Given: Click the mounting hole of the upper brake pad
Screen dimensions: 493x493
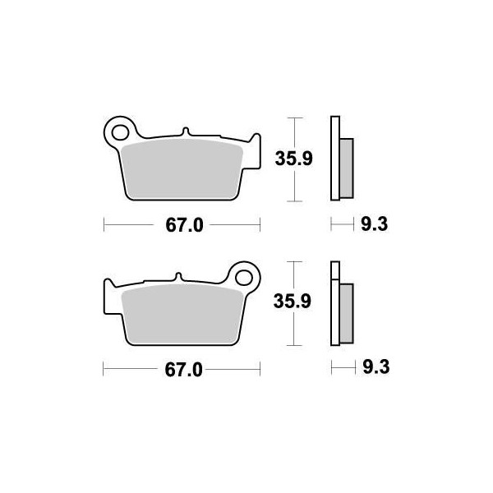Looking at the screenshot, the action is pyautogui.click(x=120, y=132).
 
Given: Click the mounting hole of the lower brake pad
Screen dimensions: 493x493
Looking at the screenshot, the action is pyautogui.click(x=244, y=278).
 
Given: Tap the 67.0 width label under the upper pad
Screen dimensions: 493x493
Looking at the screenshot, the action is pyautogui.click(x=185, y=225).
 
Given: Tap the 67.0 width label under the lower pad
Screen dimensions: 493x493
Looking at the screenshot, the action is pyautogui.click(x=183, y=370).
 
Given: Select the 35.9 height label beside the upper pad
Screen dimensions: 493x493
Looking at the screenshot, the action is pyautogui.click(x=293, y=159).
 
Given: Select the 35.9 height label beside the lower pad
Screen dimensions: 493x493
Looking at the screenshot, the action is pyautogui.click(x=292, y=302).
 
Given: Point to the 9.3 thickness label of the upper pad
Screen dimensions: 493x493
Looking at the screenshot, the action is pyautogui.click(x=374, y=224).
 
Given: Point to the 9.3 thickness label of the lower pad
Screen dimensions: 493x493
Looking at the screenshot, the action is pyautogui.click(x=376, y=367).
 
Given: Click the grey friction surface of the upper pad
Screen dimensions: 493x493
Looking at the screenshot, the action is pyautogui.click(x=182, y=170).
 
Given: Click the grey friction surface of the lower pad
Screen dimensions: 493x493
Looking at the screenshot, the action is pyautogui.click(x=182, y=315).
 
